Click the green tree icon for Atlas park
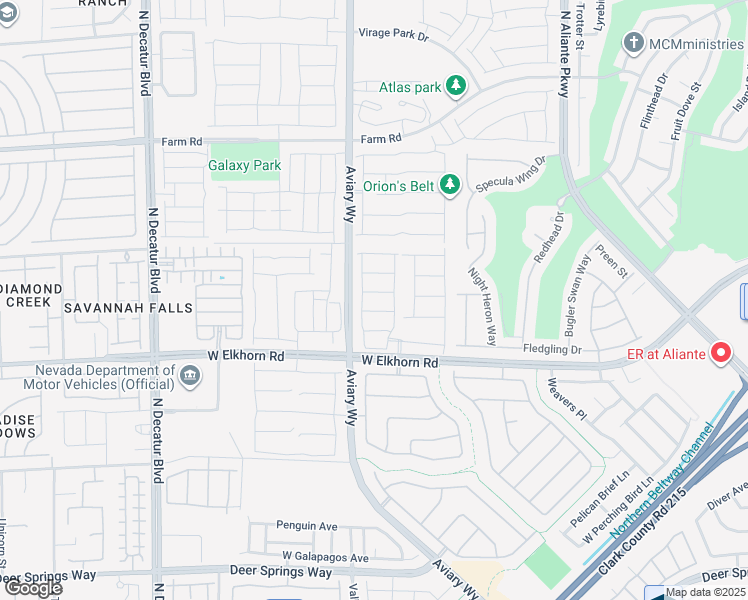coord(456,87)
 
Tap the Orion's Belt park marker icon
coord(450,184)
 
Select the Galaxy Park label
coord(244,165)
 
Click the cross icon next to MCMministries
coord(632,43)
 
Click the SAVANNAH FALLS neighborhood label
coord(128,308)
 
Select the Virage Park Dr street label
coord(393,34)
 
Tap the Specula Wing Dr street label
coord(511,174)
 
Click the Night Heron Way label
coord(481,306)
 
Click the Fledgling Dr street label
coord(552,349)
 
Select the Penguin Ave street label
coord(307,525)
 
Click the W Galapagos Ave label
coord(325,557)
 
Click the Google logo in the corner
coord(32,588)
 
